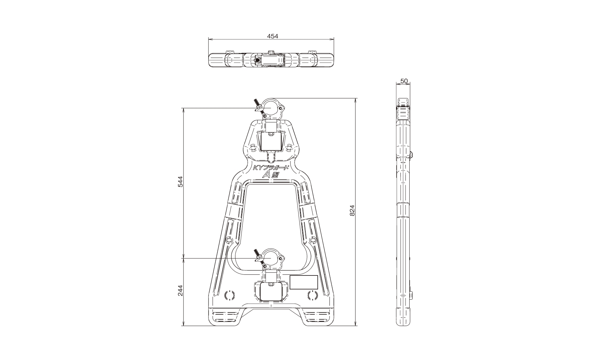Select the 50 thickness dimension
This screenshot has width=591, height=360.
(x=404, y=81)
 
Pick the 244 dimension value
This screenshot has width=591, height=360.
(x=180, y=290)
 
